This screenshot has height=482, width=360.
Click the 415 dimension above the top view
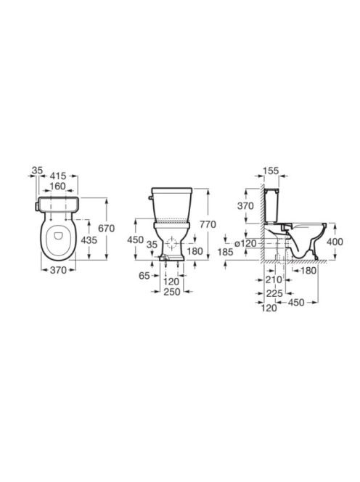pos(58,176)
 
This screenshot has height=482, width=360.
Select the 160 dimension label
pos(58,187)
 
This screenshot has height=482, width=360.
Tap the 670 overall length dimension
pos(107,229)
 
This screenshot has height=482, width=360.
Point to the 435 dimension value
pos(89,240)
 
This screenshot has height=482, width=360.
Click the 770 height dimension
pos(208,225)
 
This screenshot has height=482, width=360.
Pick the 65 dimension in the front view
pos(144,276)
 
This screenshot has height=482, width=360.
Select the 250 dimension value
pos(171,292)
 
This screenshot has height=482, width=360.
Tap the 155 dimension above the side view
pos(271,171)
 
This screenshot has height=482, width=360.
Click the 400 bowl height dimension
pos(335,242)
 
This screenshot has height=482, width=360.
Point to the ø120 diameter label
pos(245,243)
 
